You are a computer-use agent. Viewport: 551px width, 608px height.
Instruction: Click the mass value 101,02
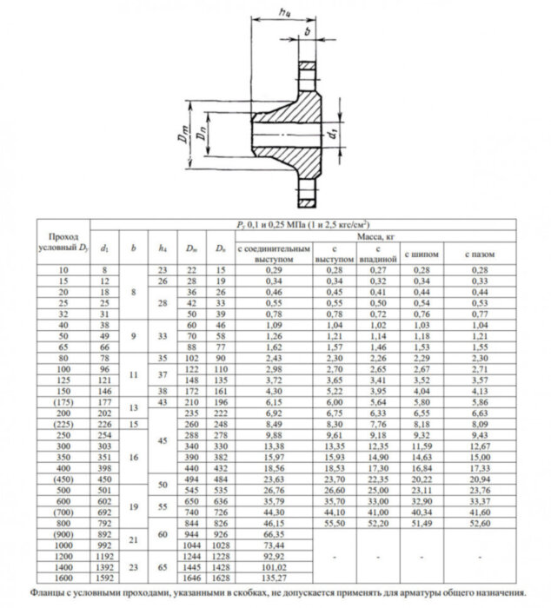click(271, 565)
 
